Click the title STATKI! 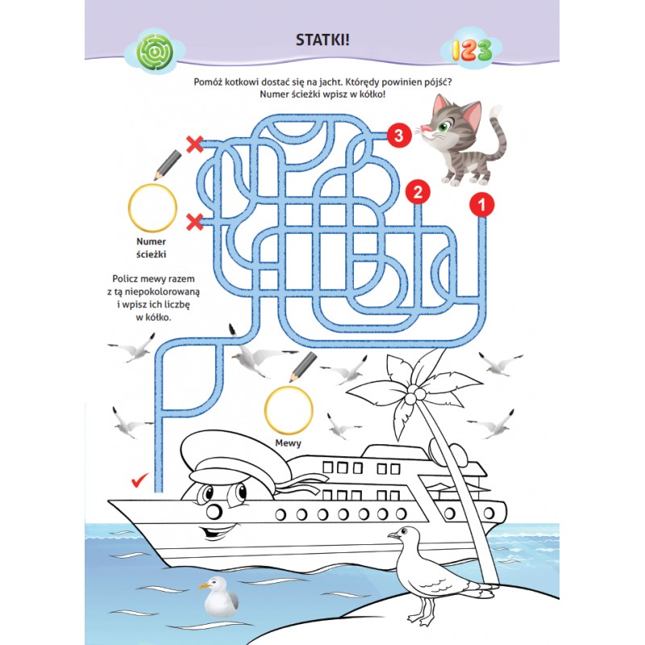[x=322, y=40]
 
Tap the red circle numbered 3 [x=398, y=135]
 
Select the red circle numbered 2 [x=418, y=192]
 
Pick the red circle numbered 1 [x=481, y=205]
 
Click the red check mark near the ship [x=139, y=480]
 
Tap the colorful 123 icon [x=472, y=50]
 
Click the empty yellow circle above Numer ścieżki [x=152, y=208]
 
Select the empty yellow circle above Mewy [x=289, y=410]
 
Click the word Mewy [x=289, y=443]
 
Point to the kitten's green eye [x=443, y=127]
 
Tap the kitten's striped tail [x=497, y=135]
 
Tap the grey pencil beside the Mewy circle [x=303, y=366]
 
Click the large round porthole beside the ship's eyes [x=214, y=511]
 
